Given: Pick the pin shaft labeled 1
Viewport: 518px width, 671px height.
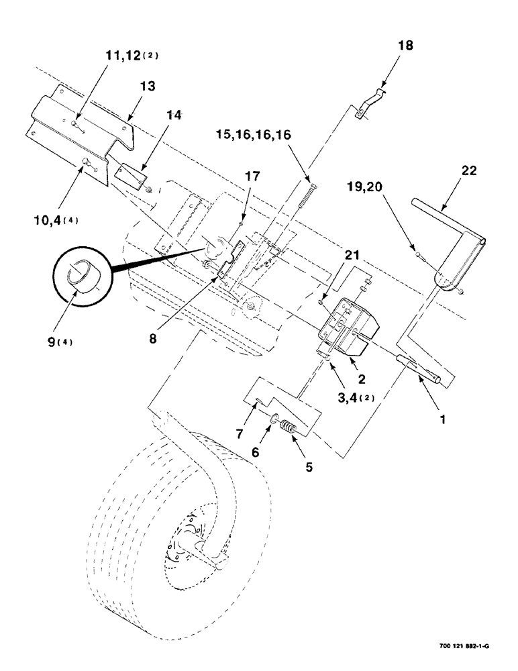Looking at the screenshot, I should (x=421, y=370).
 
